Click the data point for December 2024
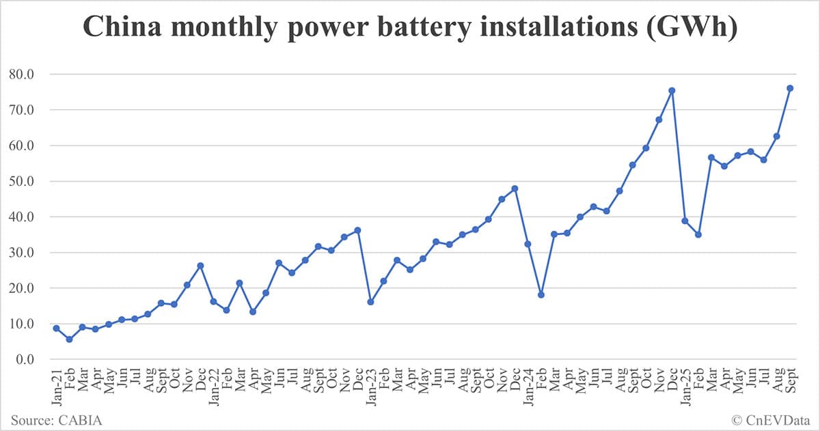click(x=672, y=90)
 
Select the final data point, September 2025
click(x=790, y=88)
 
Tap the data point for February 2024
click(x=541, y=295)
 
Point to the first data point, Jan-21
click(x=56, y=329)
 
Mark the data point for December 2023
click(x=515, y=189)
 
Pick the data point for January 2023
click(x=370, y=302)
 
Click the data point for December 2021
click(x=200, y=266)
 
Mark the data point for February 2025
click(x=698, y=235)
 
